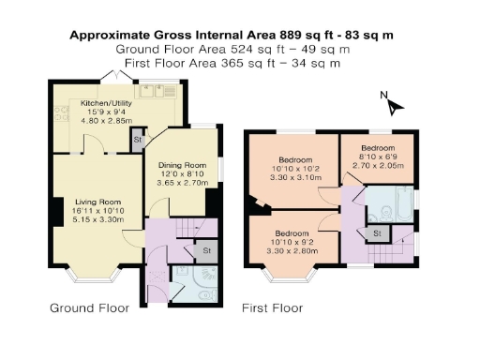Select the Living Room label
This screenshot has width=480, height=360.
pyautogui.click(x=98, y=202)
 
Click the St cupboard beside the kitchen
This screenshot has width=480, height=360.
pyautogui.click(x=138, y=141)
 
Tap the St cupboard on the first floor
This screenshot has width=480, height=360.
pyautogui.click(x=378, y=232)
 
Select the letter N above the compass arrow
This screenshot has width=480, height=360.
pyautogui.click(x=382, y=95)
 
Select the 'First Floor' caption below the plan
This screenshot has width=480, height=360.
pyautogui.click(x=272, y=307)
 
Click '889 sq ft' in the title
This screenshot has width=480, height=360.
pyautogui.click(x=307, y=35)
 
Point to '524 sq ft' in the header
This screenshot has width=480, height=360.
pyautogui.click(x=258, y=49)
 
